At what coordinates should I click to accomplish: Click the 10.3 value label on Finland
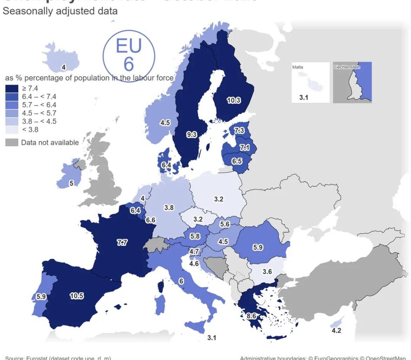tap(234, 100)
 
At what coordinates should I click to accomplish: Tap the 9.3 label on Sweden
tap(191, 134)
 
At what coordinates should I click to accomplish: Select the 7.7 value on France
tap(122, 242)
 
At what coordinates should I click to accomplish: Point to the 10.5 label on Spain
tap(77, 296)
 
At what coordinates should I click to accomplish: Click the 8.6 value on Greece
tap(251, 316)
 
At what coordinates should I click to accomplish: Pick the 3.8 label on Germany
tap(169, 207)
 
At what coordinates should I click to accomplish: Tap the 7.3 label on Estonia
tap(239, 130)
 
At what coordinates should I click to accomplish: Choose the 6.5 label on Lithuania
tap(237, 161)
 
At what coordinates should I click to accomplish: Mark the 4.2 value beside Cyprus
tap(336, 330)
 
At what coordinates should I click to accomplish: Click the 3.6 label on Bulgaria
tap(267, 271)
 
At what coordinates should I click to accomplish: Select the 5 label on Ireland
tap(71, 183)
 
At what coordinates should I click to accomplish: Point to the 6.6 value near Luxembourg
tap(151, 220)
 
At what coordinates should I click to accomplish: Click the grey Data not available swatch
tap(12, 142)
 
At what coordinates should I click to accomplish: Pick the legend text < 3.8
tap(30, 130)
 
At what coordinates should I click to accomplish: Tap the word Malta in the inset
tap(298, 67)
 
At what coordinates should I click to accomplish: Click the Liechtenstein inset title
tap(347, 67)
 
